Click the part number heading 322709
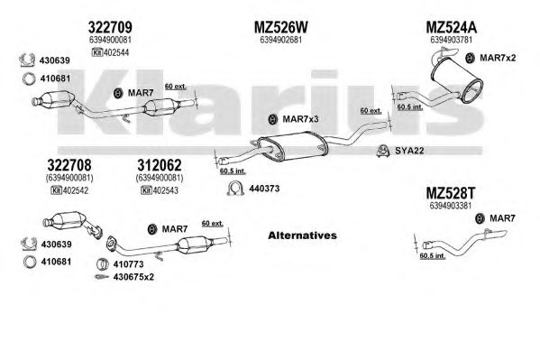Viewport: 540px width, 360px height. point(110,27)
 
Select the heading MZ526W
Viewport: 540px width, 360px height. point(281,27)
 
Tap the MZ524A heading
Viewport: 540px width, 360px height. point(451,27)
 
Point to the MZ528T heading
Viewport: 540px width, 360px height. point(451,193)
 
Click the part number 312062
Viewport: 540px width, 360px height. point(160,165)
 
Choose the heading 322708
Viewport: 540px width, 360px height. point(69,165)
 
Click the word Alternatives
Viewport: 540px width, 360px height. point(302,235)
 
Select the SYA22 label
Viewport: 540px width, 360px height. point(409,151)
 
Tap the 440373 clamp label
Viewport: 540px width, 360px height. point(264,189)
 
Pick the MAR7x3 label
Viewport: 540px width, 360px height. point(300,119)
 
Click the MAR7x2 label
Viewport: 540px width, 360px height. point(498,58)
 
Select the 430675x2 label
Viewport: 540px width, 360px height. point(133,277)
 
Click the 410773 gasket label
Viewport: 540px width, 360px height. point(128,264)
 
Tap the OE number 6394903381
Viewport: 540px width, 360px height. point(451,206)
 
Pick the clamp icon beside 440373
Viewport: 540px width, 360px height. point(235,189)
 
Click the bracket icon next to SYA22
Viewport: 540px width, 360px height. point(383,151)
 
